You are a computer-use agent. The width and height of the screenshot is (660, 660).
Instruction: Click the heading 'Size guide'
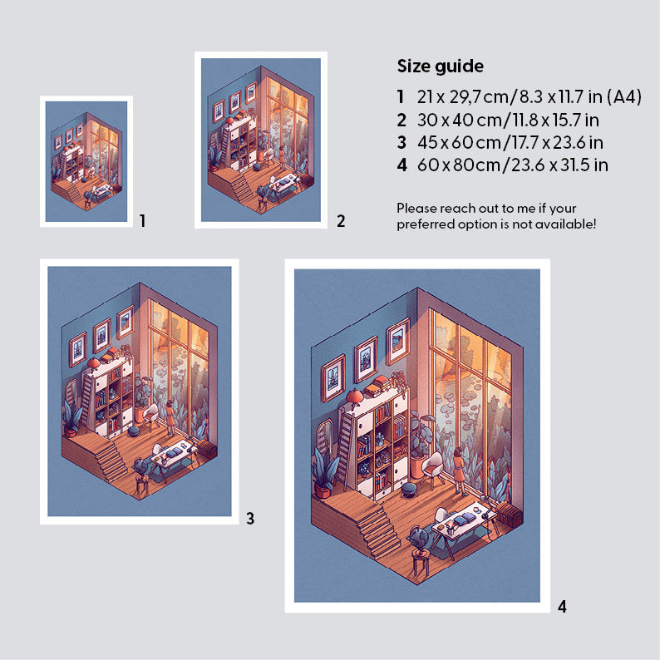coord(441,66)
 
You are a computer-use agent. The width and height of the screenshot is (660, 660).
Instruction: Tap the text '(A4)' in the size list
coord(623,96)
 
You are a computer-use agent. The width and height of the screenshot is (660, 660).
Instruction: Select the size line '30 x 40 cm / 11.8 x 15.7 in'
coord(508,120)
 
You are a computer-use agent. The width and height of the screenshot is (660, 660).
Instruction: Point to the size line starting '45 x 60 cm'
coord(510,142)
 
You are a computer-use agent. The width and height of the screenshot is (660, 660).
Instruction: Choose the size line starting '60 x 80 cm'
coord(513,165)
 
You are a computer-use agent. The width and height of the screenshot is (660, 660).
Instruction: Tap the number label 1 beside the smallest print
coord(143,220)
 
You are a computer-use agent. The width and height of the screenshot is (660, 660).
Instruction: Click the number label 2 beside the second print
coord(341,221)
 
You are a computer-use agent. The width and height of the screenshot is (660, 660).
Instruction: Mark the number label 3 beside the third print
coord(250,518)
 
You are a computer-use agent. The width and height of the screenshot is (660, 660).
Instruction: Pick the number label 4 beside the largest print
coord(562,607)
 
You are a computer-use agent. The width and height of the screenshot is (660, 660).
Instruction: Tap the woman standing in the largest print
coord(459,470)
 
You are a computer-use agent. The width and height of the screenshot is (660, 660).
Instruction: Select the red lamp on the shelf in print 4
coord(355,398)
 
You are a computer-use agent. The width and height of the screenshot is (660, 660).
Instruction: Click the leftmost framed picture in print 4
coord(333,378)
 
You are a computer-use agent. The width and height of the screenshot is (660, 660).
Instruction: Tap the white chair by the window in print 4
coord(433,468)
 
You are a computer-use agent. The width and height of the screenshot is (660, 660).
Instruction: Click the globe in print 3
coord(141,466)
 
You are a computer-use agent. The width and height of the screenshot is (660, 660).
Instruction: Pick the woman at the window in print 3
coord(170,416)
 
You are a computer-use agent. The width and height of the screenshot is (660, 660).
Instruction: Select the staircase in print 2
coord(242,187)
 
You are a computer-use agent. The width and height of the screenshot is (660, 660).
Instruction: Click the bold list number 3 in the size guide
coord(402,142)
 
